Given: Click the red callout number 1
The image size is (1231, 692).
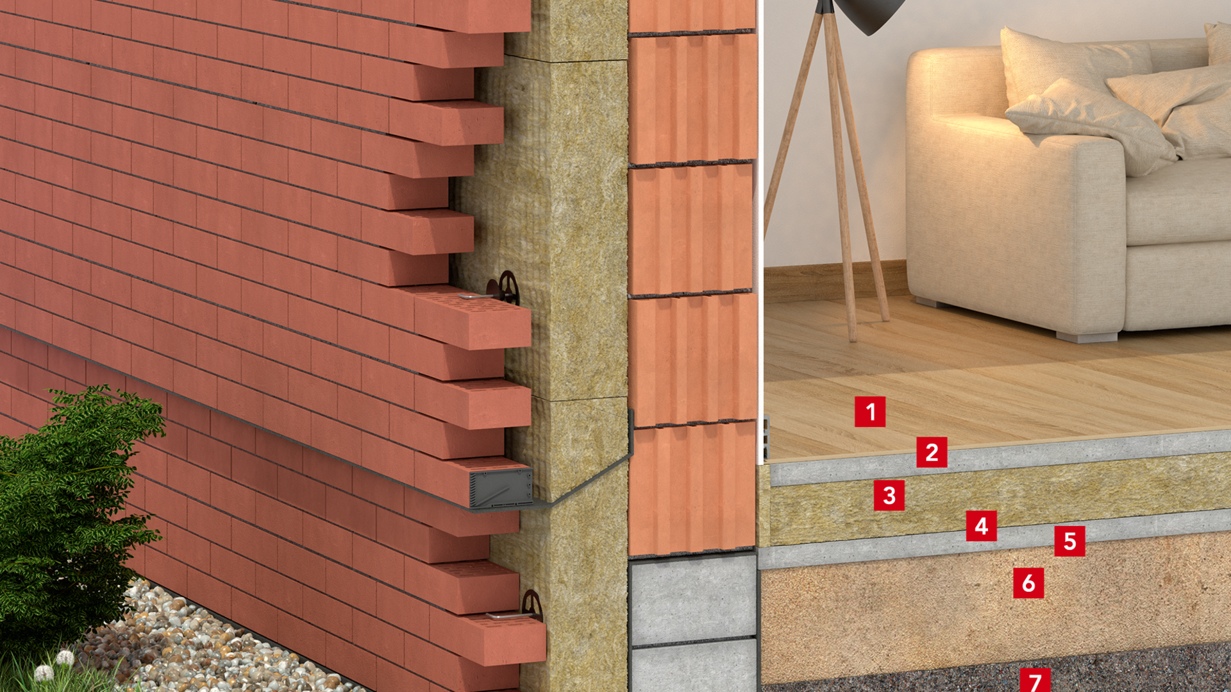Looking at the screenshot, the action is (x=870, y=412).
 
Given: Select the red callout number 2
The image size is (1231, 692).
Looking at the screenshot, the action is (x=932, y=452).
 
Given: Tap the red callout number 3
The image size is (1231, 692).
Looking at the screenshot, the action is (x=889, y=495).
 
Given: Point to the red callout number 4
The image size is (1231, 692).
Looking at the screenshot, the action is (x=981, y=526).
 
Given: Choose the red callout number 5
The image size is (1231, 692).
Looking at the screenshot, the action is (x=1069, y=541).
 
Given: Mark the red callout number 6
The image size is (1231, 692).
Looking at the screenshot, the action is (x=1028, y=583).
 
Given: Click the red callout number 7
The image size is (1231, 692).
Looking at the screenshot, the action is (x=1035, y=679).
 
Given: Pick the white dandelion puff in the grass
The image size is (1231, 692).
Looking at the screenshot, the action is (x=65, y=658).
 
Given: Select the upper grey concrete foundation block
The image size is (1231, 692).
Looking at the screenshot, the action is (x=692, y=600).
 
